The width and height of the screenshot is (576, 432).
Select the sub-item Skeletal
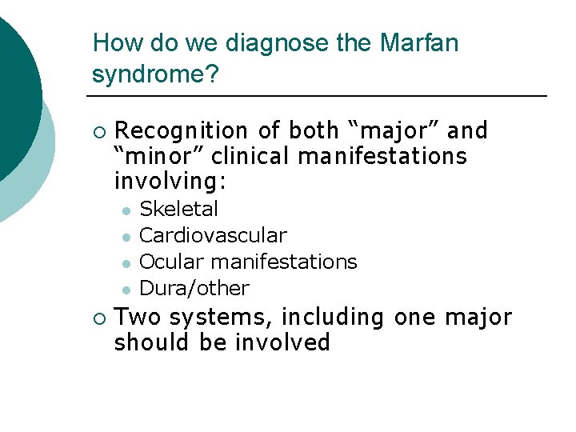pos(178,210)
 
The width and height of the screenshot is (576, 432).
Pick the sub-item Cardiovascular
pos(213,236)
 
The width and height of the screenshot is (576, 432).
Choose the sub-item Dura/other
pos(194,288)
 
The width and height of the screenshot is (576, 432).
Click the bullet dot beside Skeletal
pos(126,210)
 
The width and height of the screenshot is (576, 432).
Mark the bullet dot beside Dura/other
pos(126,289)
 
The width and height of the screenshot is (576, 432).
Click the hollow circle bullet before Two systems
pos(98,318)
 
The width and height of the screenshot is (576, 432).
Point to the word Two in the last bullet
pos(138,317)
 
